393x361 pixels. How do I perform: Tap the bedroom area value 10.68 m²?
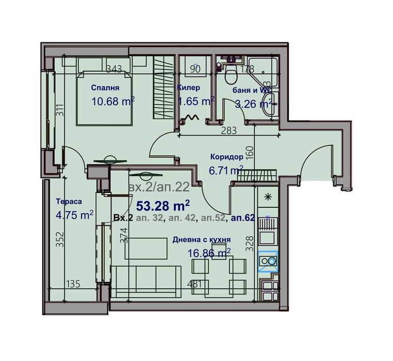tap(112, 101)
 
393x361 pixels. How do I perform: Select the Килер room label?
tap(188, 88)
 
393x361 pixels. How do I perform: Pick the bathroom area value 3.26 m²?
tap(253, 104)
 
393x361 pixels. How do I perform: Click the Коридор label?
tap(226, 157)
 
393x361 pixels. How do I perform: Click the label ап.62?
tap(243, 219)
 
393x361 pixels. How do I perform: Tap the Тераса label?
tap(69, 202)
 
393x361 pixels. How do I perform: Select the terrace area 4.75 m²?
tap(74, 215)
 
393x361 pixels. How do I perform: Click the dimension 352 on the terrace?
tap(60, 239)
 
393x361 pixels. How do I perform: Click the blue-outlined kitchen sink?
tap(268, 261)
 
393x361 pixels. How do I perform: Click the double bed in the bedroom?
tap(106, 98)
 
